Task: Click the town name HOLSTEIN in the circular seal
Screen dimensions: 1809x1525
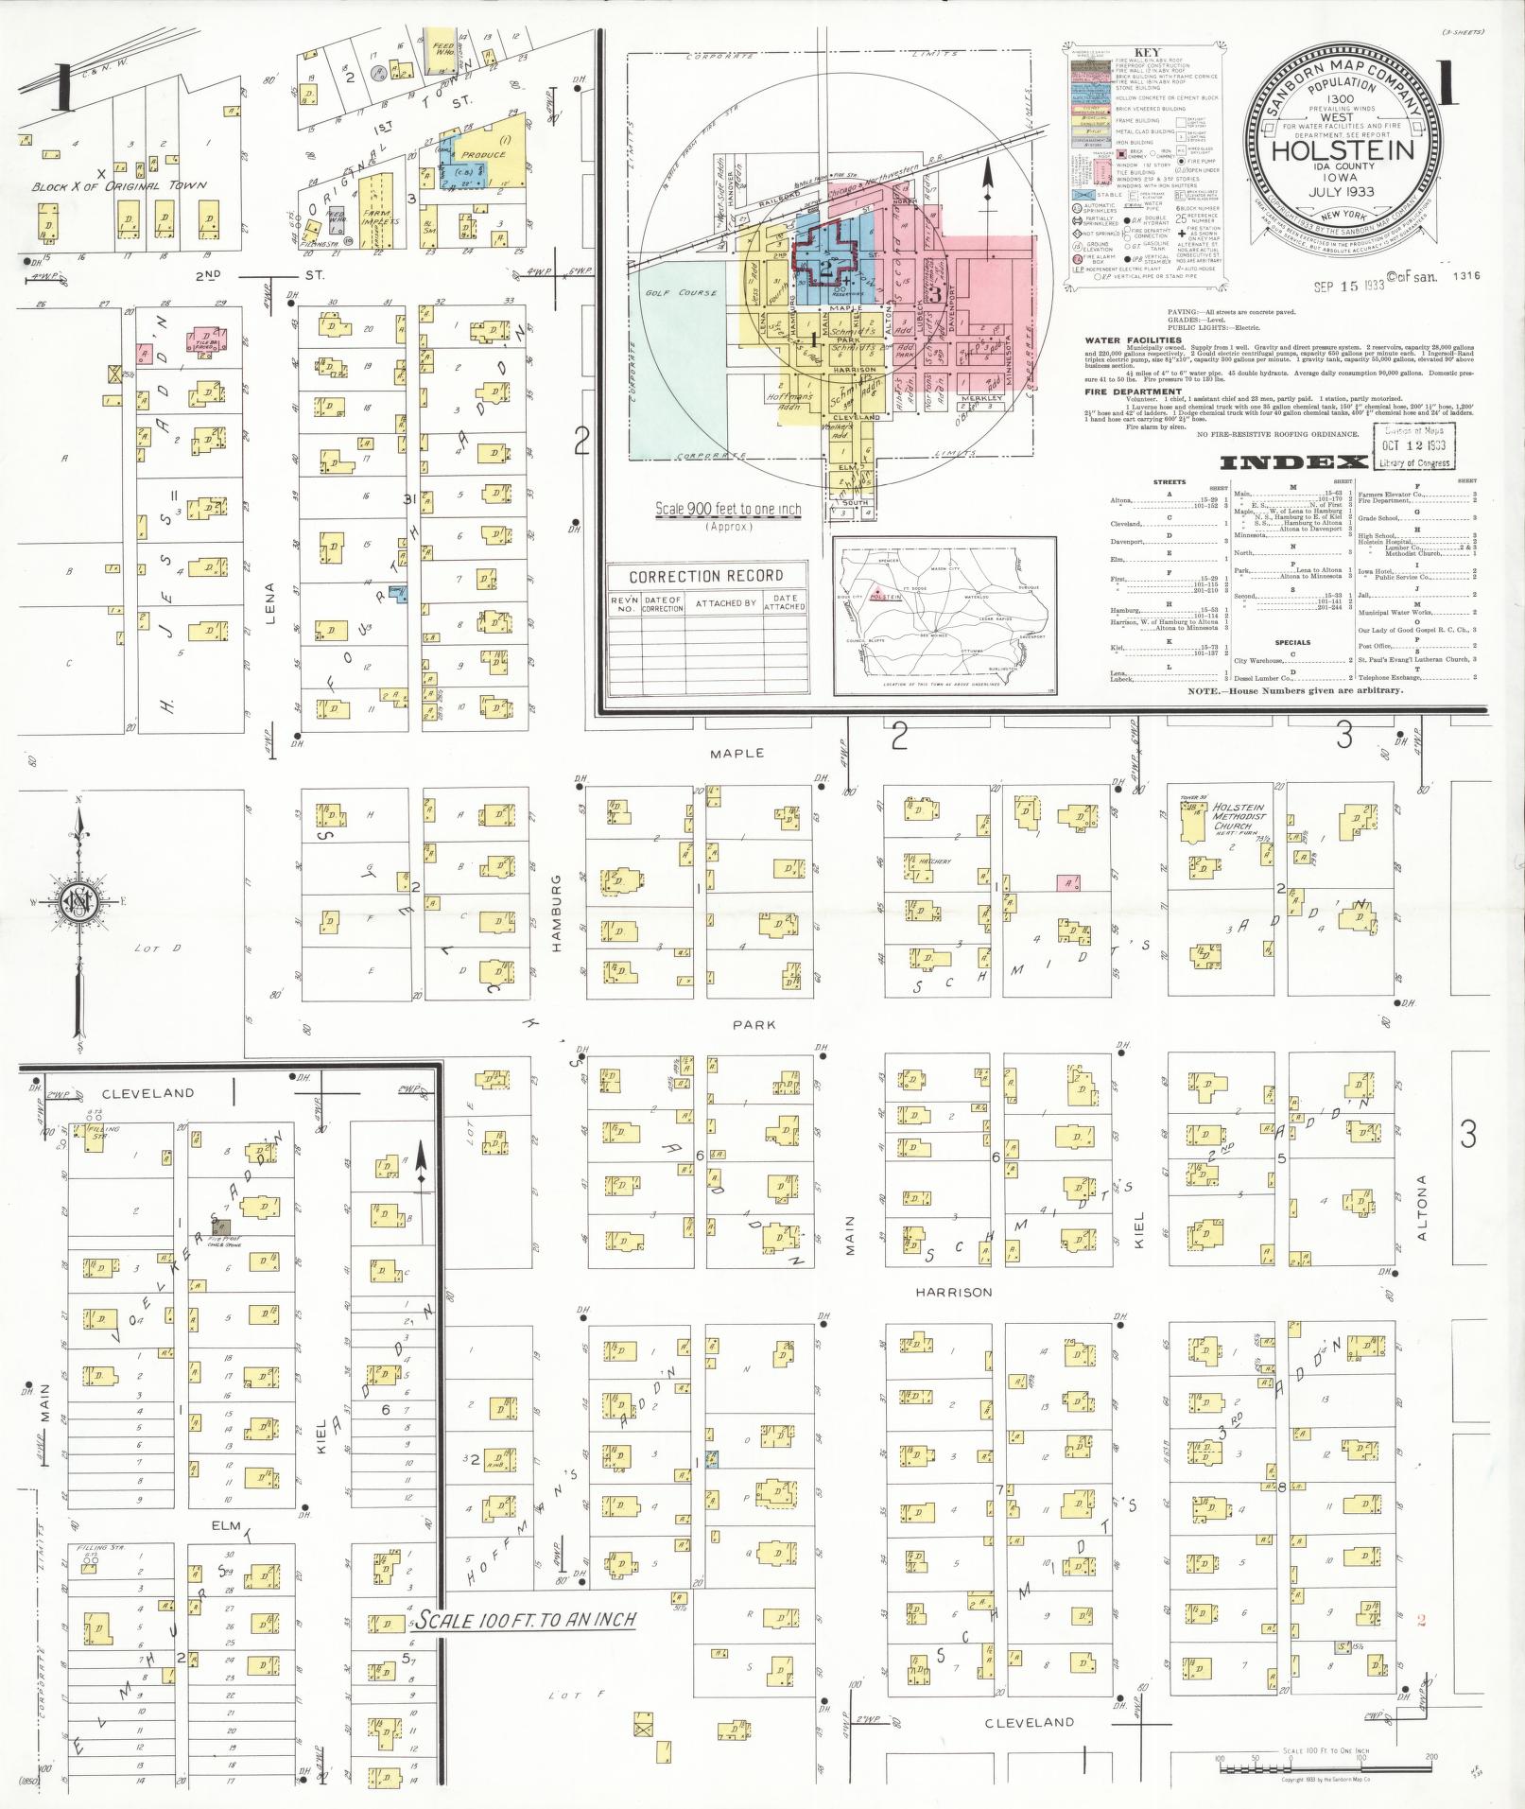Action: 1342,150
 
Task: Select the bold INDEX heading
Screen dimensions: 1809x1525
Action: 1293,462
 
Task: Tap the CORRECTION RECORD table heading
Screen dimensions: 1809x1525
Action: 705,576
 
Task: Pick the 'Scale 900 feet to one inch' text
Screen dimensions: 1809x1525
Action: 728,510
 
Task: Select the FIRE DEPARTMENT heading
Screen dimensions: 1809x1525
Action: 1134,391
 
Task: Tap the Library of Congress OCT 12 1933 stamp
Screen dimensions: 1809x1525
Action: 1415,446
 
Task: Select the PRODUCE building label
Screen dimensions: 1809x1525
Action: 484,154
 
